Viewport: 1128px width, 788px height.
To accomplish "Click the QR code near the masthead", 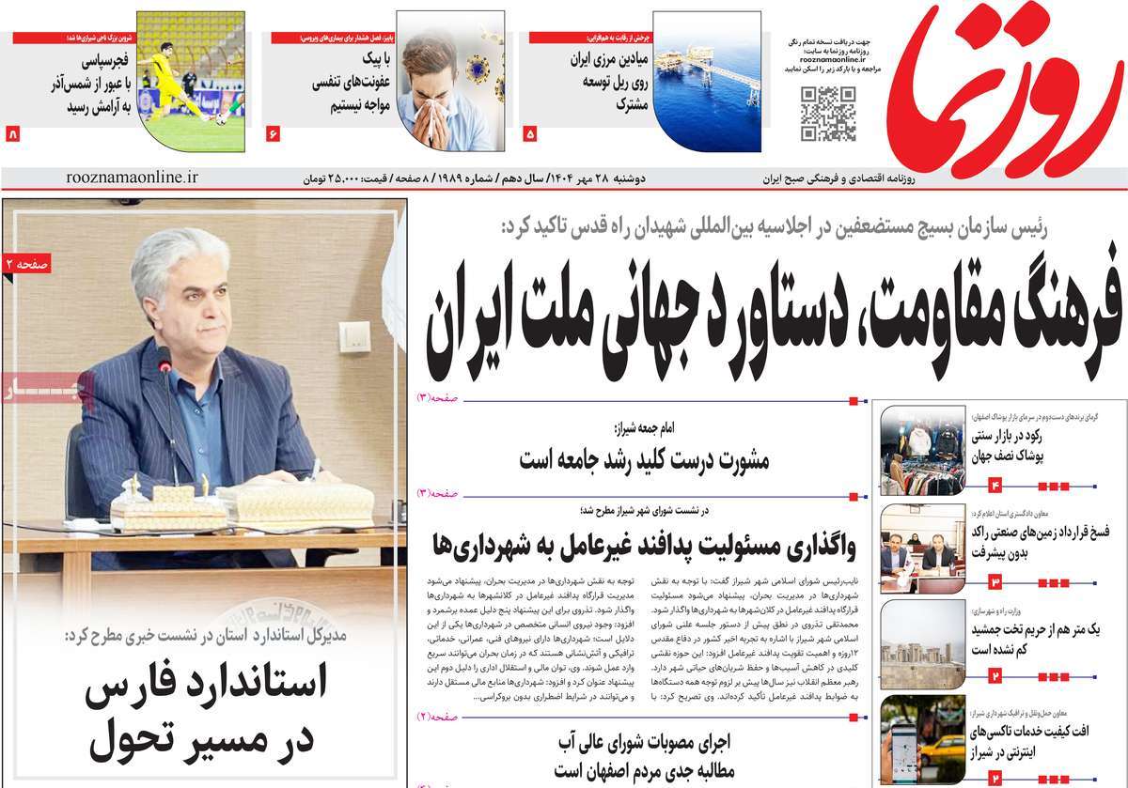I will pyautogui.click(x=828, y=113).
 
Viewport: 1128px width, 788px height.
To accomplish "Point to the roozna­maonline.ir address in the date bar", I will pyautogui.click(x=133, y=177).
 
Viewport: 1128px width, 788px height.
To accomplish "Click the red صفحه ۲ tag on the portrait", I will pyautogui.click(x=26, y=267).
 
